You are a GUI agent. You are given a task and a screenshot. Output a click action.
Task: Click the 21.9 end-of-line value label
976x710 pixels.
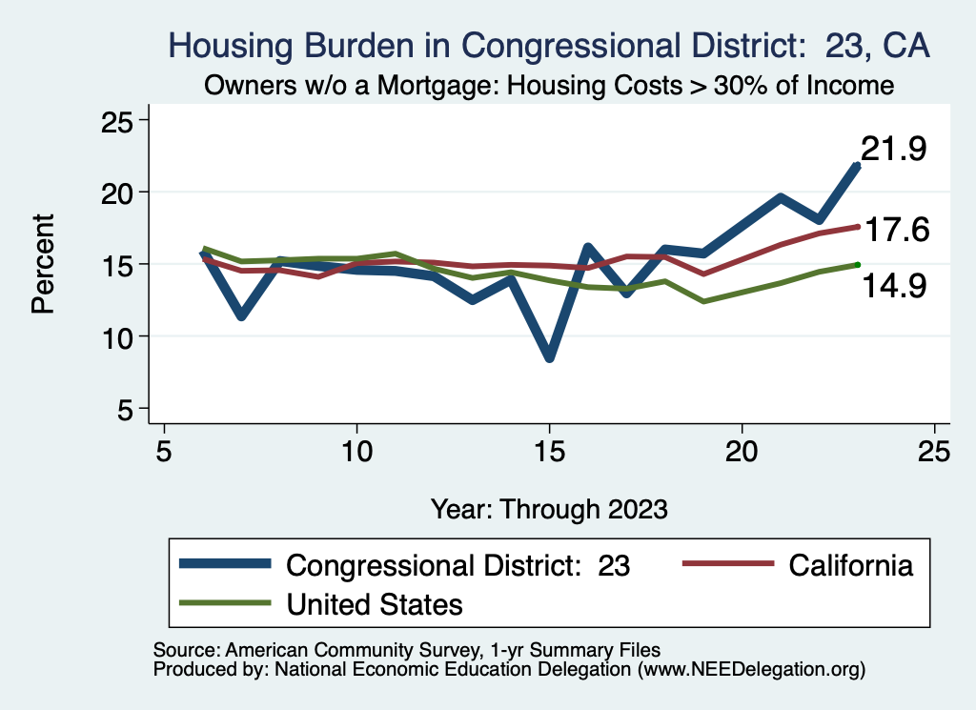tap(894, 149)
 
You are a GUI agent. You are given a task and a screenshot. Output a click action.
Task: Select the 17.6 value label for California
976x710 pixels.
tap(897, 230)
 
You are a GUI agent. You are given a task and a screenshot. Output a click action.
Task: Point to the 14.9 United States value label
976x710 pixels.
tap(894, 286)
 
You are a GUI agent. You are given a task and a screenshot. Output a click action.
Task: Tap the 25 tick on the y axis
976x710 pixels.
tap(117, 121)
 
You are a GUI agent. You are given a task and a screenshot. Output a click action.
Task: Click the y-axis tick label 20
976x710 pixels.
tap(117, 193)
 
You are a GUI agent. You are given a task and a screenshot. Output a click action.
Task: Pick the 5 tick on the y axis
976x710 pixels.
tap(125, 410)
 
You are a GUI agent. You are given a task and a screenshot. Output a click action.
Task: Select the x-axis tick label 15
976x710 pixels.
tap(550, 451)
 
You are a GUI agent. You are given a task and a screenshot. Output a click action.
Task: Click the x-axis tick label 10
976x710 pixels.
tap(356, 451)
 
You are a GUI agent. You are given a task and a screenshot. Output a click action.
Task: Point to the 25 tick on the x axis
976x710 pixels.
tap(934, 451)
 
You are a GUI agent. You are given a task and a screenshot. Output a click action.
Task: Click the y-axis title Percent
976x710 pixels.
tap(44, 264)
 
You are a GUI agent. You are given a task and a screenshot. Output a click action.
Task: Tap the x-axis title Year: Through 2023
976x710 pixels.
tap(549, 509)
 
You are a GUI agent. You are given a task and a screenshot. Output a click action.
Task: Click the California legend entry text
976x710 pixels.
tap(850, 565)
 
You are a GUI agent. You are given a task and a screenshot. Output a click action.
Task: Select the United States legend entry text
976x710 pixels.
tap(374, 604)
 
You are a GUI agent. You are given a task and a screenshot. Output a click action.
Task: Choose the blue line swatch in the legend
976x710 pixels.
tap(225, 564)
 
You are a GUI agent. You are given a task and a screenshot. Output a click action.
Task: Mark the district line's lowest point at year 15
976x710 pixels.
tap(550, 358)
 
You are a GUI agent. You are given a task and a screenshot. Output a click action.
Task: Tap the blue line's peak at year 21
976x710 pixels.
tap(781, 198)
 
